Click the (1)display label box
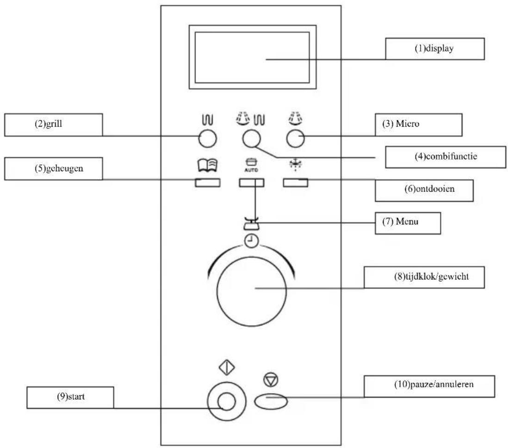(435, 49)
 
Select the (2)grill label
(54, 125)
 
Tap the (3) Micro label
(419, 125)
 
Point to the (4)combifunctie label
(446, 157)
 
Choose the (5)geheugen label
(54, 169)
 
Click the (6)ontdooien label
(424, 190)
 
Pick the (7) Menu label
(408, 223)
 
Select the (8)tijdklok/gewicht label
(424, 278)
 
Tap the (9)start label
(70, 398)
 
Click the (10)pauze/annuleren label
(429, 386)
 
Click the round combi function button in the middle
(251, 139)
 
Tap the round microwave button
(296, 139)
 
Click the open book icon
(208, 165)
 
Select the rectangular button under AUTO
(251, 183)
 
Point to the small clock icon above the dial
(251, 241)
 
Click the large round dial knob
(251, 291)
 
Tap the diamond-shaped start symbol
(227, 367)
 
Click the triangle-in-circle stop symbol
(271, 379)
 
